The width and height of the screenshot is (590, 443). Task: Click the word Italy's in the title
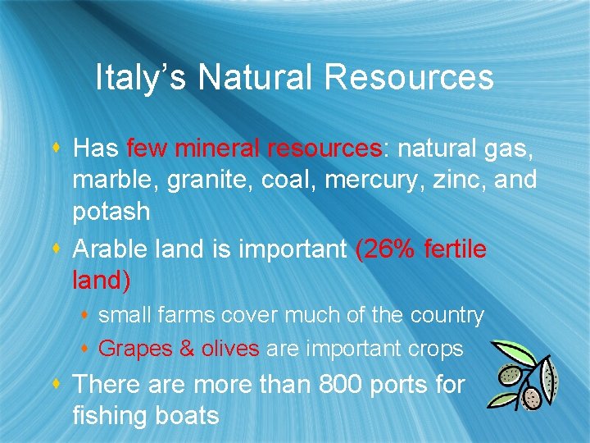coord(141,78)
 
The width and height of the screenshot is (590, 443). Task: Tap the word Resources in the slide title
coord(409,78)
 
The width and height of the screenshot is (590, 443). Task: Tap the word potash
coord(111,212)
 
